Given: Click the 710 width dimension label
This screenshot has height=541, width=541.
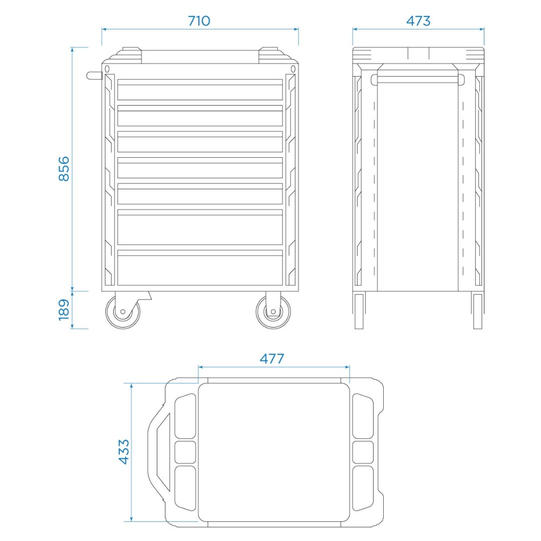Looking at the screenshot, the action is click(199, 21).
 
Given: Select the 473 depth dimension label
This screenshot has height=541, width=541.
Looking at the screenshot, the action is click(418, 21).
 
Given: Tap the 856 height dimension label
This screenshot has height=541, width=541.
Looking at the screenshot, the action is click(64, 169).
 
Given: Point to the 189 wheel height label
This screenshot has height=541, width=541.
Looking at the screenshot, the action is click(64, 310).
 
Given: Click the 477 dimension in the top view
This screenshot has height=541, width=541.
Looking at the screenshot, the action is click(272, 359).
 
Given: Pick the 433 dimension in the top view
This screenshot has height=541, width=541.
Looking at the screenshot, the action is click(124, 452).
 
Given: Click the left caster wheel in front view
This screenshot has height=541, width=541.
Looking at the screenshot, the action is click(123, 312).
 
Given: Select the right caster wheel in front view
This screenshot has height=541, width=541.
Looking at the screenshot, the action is click(274, 312).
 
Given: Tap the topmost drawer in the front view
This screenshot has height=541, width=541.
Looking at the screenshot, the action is click(200, 90).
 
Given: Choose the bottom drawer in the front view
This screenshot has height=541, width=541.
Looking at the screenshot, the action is click(200, 267).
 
